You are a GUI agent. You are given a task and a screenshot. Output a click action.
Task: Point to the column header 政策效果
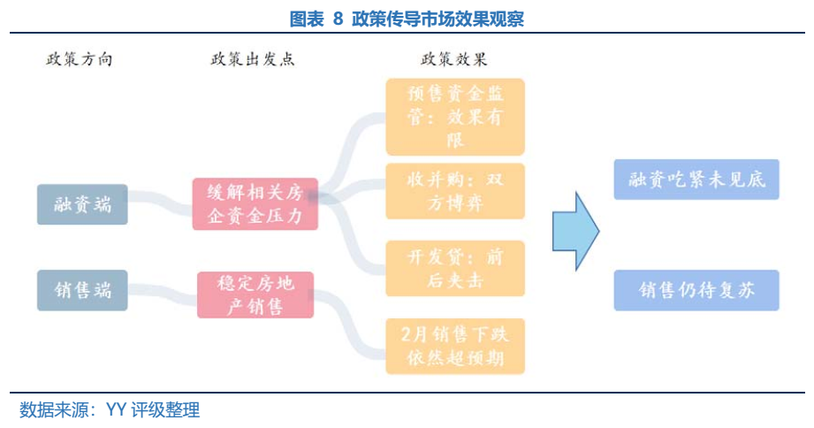coord(453,59)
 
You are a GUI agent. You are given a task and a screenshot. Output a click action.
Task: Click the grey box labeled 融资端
coord(82,204)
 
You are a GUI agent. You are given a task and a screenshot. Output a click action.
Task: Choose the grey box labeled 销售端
coord(82,290)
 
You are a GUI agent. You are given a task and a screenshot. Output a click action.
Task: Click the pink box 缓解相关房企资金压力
coord(255,204)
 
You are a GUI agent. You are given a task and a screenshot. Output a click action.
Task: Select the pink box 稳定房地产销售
coord(255,294)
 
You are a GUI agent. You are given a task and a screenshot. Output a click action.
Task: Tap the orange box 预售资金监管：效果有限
coord(455,116)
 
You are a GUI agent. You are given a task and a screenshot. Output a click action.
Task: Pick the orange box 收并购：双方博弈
coord(455,191)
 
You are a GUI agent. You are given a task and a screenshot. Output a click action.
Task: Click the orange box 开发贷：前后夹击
coord(455,269)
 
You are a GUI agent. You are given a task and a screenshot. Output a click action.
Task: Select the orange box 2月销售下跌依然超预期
coord(455,346)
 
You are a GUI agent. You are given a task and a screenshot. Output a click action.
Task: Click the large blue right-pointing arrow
coord(575,230)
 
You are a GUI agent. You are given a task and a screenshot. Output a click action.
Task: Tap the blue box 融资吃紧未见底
coord(696,180)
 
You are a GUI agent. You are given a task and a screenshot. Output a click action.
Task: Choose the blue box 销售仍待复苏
coord(696,290)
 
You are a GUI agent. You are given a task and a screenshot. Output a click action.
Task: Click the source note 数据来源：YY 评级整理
coord(110,409)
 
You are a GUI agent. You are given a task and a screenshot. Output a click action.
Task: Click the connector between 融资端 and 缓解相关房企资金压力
coord(160,204)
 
